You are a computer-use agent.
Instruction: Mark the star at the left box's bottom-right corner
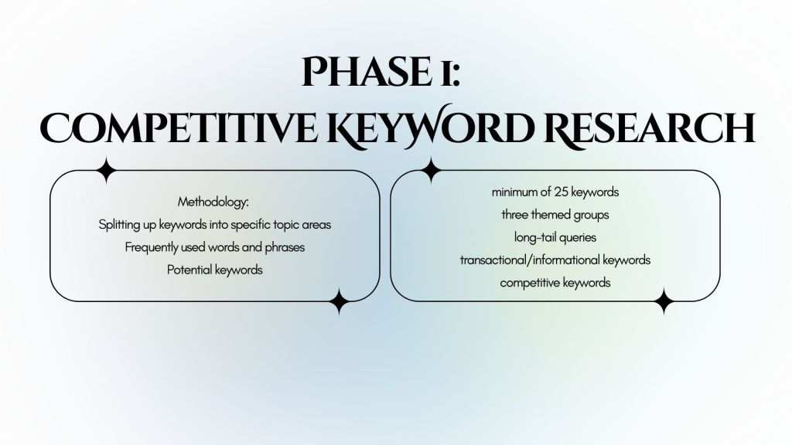(338, 302)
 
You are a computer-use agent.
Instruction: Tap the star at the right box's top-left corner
(431, 169)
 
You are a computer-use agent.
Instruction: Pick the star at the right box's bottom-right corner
(663, 302)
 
